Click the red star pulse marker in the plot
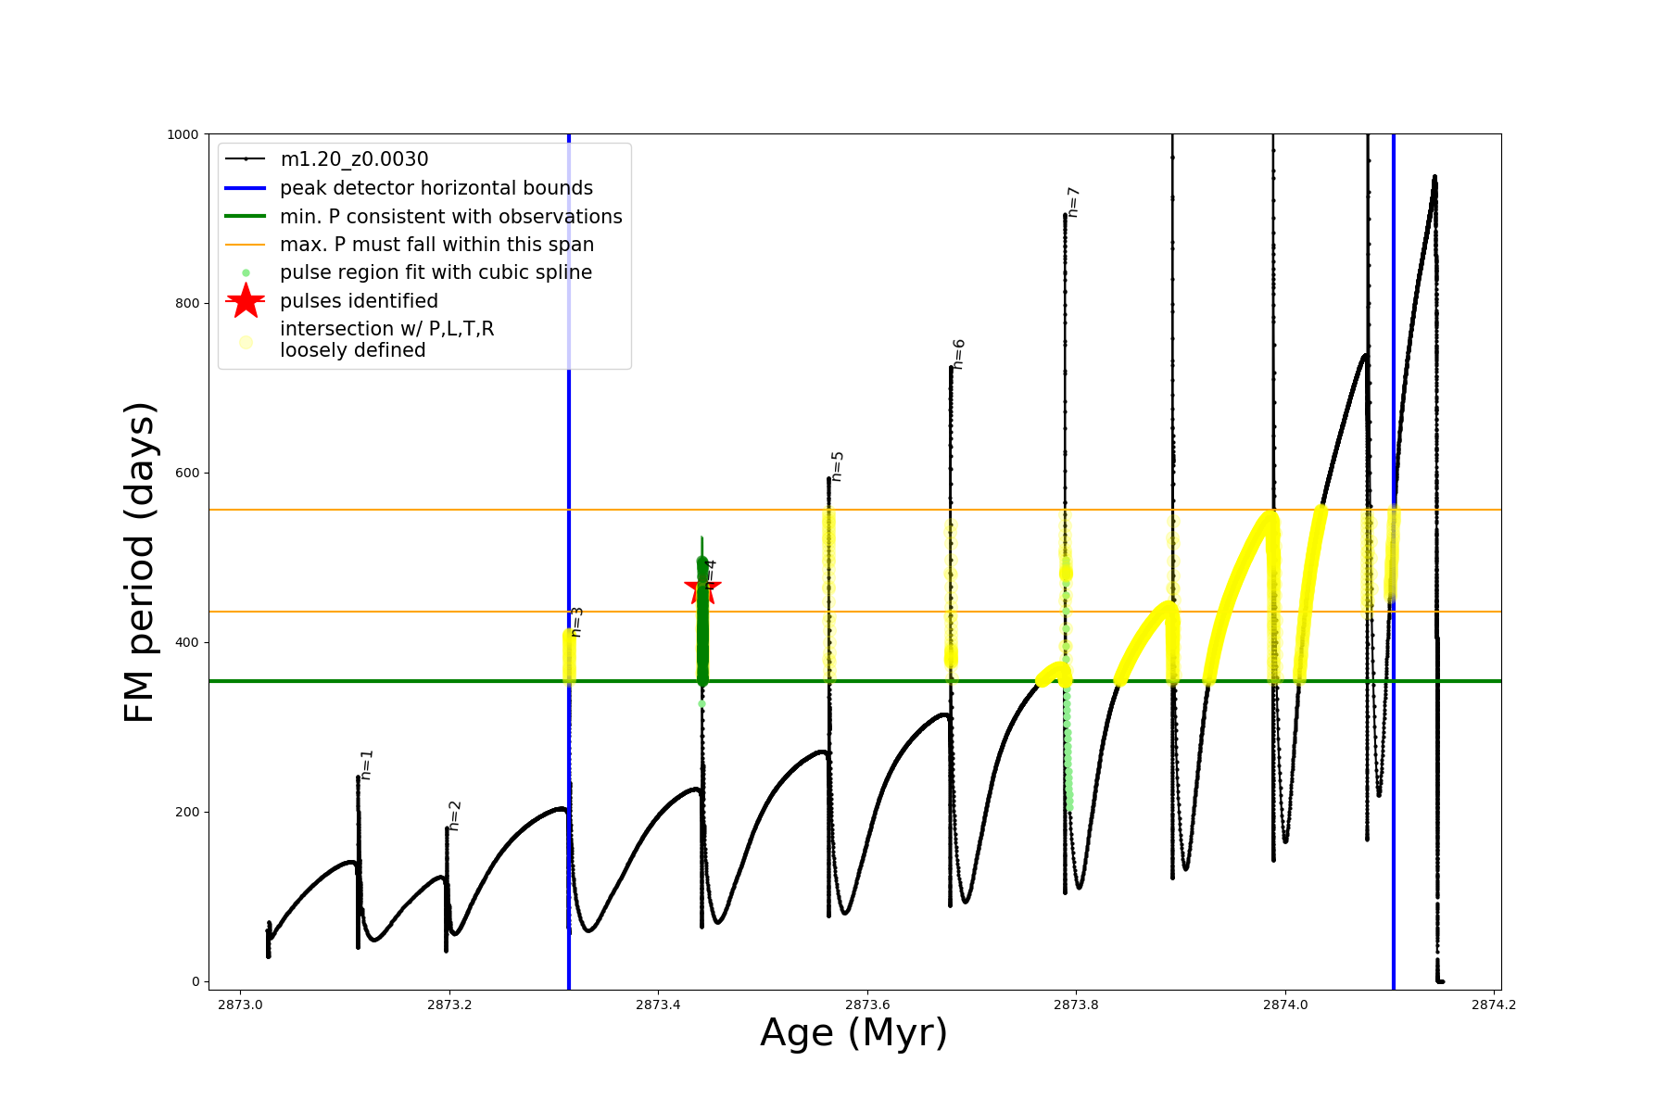click(701, 588)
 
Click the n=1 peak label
click(367, 764)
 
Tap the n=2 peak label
click(455, 815)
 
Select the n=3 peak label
click(576, 622)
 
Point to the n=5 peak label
click(837, 466)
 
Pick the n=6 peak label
click(959, 354)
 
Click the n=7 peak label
click(1073, 202)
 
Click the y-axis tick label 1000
click(183, 134)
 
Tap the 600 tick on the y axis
click(188, 473)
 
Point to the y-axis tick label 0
click(196, 981)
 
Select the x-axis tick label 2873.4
click(659, 1005)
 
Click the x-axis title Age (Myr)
click(853, 1033)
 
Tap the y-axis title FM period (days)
click(140, 562)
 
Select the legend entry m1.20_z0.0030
click(354, 159)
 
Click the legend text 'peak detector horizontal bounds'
click(436, 188)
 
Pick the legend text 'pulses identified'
click(359, 301)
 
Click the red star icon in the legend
click(246, 300)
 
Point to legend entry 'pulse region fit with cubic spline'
click(436, 272)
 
